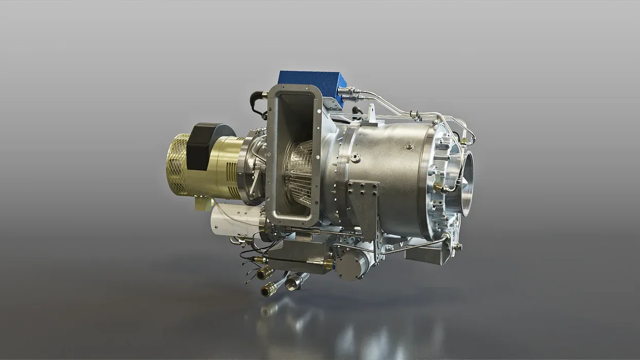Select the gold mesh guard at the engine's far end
177,165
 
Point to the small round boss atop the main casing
410,146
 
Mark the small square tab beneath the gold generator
201,204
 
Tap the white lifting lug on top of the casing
372,113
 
